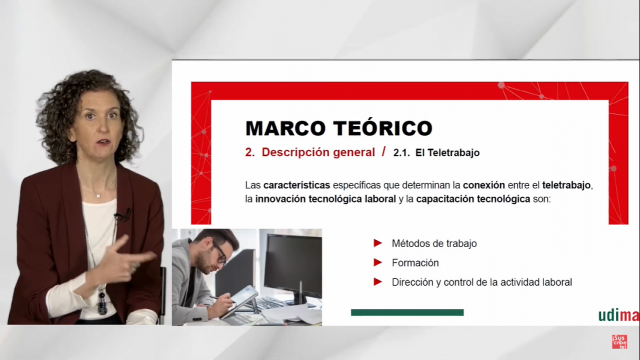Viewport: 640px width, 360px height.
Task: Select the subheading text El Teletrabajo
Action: coord(447,152)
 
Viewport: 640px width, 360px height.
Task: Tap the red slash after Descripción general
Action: coord(384,152)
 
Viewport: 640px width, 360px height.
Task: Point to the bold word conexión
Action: coord(483,185)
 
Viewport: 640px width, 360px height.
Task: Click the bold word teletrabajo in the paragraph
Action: coord(566,185)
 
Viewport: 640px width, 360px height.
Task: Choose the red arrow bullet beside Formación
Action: coord(377,262)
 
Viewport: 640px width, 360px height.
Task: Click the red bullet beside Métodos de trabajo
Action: coord(377,243)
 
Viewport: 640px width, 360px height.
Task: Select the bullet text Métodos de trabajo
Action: coord(434,243)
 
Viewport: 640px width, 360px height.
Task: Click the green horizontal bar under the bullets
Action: coord(407,312)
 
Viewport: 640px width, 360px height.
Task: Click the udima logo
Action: coord(619,316)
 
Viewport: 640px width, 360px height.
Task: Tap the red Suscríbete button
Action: coord(620,341)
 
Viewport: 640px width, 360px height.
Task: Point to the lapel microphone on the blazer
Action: coord(122,215)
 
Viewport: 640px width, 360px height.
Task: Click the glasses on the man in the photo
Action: coord(220,253)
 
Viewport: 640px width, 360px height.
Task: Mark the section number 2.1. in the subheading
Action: coord(402,152)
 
